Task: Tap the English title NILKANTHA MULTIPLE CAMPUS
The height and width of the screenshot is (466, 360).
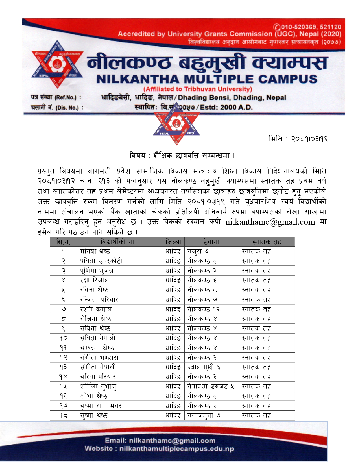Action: pos(207,79)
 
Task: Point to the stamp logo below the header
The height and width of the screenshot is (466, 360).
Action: pos(176,124)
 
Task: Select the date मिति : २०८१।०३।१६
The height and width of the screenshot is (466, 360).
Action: pos(298,139)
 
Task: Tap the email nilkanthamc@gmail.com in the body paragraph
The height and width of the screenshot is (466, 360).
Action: pos(270,222)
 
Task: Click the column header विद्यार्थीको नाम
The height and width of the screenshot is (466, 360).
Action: pos(119,242)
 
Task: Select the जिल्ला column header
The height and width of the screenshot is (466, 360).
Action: pos(173,242)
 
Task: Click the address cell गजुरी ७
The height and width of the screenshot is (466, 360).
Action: pos(198,251)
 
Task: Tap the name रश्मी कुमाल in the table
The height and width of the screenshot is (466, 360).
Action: pos(96,309)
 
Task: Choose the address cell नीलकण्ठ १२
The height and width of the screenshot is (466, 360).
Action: pos(203,309)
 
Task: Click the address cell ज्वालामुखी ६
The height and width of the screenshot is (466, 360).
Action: pos(204,367)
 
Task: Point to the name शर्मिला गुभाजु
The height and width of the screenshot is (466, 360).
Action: pos(98,386)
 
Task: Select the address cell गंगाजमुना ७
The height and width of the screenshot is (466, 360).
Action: pos(204,415)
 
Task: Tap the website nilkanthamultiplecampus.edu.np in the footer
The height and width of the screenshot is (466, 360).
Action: pos(176,449)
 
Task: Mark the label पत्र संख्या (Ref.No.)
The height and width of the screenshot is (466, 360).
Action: pos(56,97)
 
